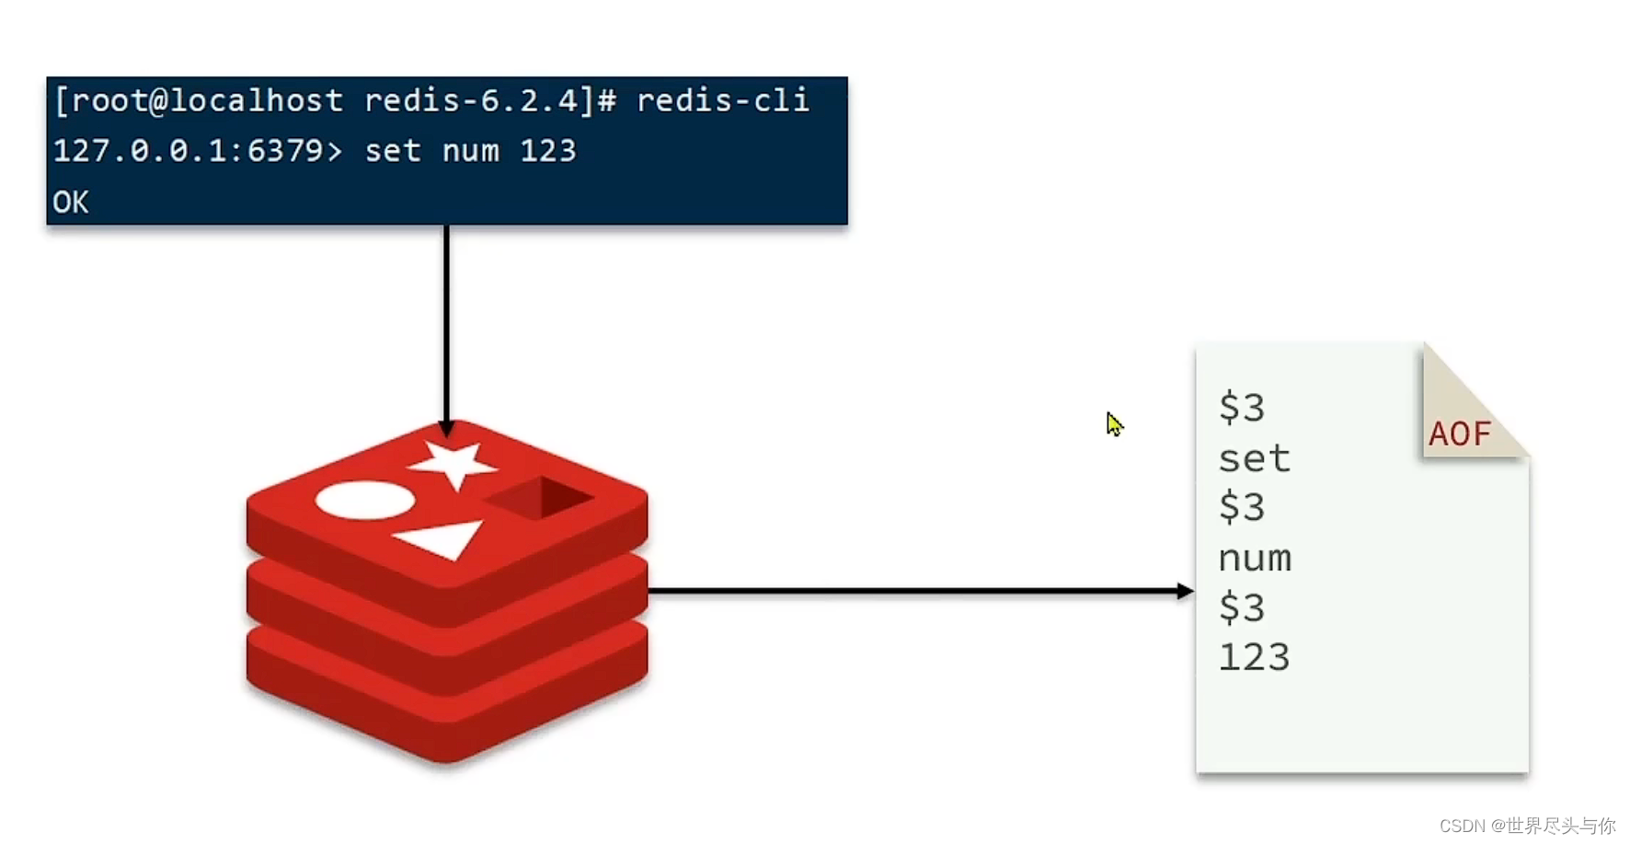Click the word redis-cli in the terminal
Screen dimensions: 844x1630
coord(722,100)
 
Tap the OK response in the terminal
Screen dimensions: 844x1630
coord(71,202)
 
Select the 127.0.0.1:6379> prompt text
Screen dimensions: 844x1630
coord(197,151)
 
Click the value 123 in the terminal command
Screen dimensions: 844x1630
coord(547,151)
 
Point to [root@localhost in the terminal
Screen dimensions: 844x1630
coord(198,100)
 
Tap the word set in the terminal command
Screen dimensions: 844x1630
coord(393,151)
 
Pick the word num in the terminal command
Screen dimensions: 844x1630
coord(470,151)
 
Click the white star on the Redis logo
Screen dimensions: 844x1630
coord(453,462)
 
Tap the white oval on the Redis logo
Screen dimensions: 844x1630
coord(365,500)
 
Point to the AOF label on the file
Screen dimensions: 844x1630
coord(1460,434)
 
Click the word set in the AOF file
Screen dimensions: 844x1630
coord(1254,458)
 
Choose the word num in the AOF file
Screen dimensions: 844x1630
coord(1255,559)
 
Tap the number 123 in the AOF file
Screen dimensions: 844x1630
coord(1254,658)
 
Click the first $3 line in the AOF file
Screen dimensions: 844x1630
coord(1242,407)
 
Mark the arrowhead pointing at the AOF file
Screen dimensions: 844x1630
coord(1185,591)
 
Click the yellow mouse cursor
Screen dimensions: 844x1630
coord(1114,424)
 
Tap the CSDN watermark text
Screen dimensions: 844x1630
coord(1526,826)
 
